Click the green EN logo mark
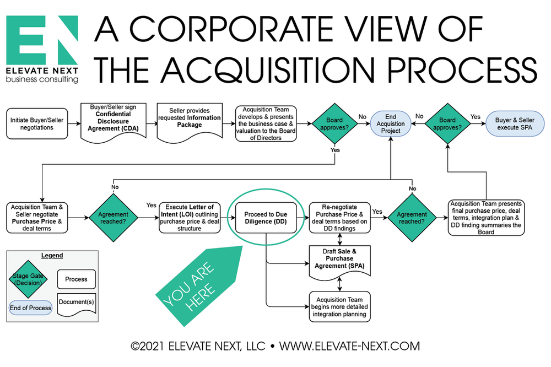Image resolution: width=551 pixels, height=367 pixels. (42, 41)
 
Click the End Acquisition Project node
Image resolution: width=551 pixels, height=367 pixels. (391, 124)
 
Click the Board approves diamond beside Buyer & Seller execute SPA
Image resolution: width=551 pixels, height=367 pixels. (446, 124)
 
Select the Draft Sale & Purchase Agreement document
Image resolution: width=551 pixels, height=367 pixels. (338, 260)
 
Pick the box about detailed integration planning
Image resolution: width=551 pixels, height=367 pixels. (338, 306)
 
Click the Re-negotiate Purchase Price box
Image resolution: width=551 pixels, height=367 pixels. (338, 217)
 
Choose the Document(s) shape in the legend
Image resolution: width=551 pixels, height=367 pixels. (76, 304)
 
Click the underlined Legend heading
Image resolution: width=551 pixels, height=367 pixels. (52, 256)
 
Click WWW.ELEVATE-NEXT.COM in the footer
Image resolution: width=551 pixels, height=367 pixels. (349, 347)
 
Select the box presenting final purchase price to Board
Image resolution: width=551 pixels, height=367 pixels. (486, 217)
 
